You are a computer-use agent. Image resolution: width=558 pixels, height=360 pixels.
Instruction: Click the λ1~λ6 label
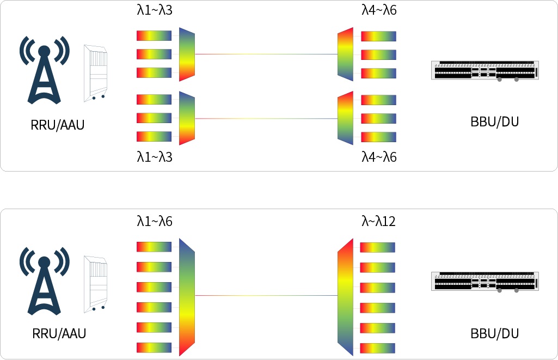point(155,222)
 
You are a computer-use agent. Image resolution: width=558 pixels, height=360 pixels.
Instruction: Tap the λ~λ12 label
point(378,222)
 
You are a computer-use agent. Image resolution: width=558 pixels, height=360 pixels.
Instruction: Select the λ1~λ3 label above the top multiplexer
point(155,10)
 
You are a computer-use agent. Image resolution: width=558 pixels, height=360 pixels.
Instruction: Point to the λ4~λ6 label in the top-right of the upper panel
point(379,10)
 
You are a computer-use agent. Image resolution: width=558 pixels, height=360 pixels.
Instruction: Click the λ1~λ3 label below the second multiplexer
point(155,157)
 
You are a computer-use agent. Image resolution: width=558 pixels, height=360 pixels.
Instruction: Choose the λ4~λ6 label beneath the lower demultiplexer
point(379,157)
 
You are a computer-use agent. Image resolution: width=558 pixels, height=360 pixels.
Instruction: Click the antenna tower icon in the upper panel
point(45,70)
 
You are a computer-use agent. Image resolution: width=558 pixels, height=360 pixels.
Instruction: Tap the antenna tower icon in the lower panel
point(45,281)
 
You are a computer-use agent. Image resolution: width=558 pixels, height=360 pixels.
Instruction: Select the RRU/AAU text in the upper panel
point(57,125)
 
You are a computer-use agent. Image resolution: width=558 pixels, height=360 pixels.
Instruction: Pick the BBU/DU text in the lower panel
point(494,334)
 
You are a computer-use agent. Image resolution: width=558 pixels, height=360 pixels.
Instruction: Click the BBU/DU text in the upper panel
point(494,122)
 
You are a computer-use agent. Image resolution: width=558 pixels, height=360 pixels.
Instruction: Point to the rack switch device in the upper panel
point(485,70)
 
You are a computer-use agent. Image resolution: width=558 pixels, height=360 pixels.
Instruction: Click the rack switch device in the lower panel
point(485,282)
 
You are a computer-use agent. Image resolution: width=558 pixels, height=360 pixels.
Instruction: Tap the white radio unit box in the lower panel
point(95,284)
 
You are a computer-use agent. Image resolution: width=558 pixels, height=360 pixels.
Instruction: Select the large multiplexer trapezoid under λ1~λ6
point(187,297)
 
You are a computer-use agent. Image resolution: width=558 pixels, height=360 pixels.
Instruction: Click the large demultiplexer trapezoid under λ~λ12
point(345,297)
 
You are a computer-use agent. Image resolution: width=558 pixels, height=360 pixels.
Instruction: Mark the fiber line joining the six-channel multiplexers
point(266,295)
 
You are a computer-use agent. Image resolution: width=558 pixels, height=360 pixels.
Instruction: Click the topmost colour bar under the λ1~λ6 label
point(154,247)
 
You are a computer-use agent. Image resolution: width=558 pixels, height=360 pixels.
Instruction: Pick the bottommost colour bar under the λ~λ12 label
point(378,348)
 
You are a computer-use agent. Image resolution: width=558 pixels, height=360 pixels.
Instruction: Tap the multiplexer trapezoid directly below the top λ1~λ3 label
point(187,54)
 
